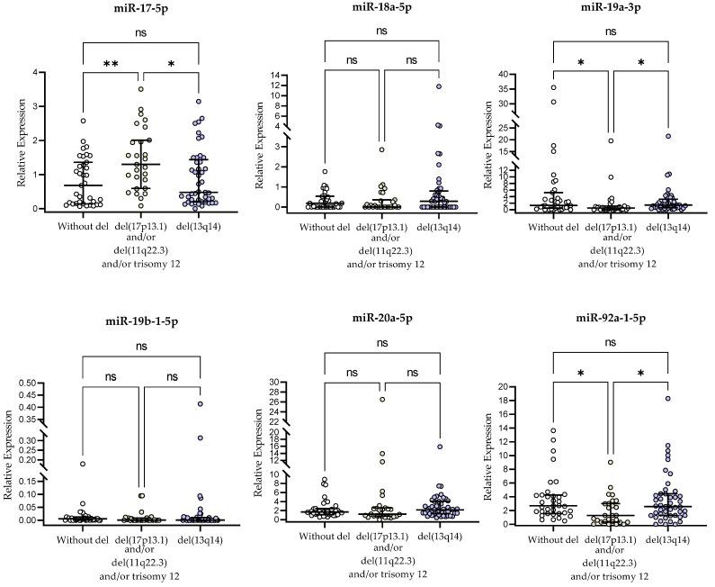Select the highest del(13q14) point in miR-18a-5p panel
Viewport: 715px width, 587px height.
pos(440,86)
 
